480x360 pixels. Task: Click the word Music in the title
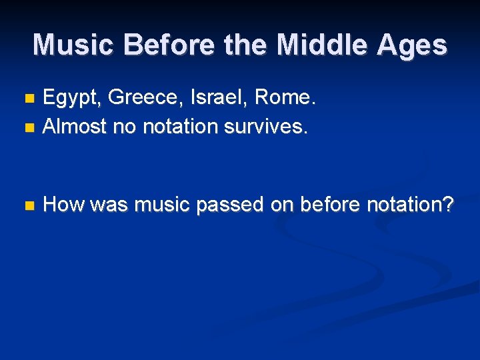coord(74,45)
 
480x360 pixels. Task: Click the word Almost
coord(75,126)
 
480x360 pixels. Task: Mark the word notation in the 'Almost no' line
coord(179,126)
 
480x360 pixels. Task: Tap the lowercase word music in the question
coord(161,205)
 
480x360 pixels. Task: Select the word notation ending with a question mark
coord(411,205)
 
